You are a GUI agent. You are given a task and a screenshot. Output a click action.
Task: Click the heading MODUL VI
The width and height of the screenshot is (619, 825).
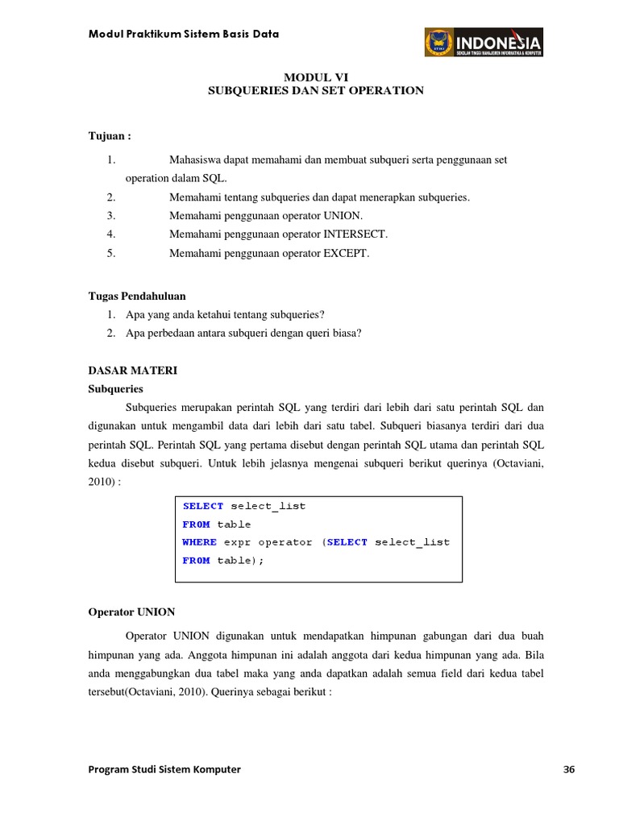tap(315, 77)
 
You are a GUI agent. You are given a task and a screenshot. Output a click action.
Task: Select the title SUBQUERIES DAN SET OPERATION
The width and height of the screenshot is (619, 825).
tap(315, 91)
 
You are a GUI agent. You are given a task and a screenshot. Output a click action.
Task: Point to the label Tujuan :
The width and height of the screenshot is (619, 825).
tap(109, 135)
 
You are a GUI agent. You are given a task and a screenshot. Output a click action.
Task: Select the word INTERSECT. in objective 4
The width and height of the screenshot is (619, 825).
tap(355, 234)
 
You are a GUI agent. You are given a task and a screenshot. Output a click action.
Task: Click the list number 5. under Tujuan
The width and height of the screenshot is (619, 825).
tap(111, 253)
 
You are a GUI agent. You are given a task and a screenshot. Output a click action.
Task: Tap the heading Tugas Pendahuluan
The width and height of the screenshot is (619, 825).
tap(136, 296)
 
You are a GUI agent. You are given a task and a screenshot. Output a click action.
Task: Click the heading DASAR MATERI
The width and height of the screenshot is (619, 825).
tap(131, 371)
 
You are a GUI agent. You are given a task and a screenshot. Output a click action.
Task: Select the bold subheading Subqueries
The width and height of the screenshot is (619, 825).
tap(114, 388)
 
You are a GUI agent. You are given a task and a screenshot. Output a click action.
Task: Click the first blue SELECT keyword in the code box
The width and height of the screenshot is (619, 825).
tap(203, 506)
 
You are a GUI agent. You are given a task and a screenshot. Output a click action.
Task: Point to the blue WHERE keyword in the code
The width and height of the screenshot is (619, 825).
tap(199, 542)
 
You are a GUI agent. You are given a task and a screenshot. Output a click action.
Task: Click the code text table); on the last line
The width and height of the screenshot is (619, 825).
tap(240, 561)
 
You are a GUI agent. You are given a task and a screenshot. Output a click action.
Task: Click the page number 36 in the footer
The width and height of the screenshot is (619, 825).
tap(568, 769)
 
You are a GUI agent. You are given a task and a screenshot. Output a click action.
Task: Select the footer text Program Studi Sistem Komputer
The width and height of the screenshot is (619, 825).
tap(164, 769)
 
